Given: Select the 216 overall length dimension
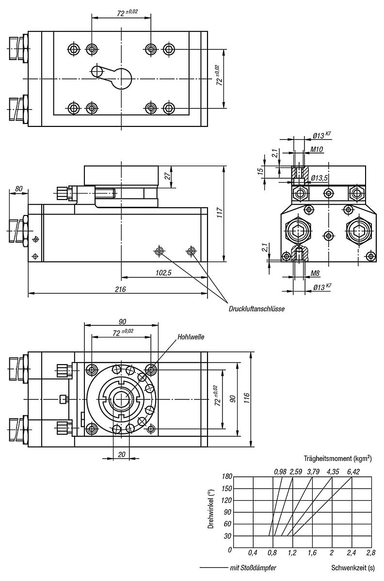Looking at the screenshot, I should coord(120,289).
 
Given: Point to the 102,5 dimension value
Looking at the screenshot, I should coord(164,273).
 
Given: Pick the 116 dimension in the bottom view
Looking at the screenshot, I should coord(247,398).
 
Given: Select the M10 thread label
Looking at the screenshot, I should coord(317,149).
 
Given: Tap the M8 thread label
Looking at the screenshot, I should coord(316,273).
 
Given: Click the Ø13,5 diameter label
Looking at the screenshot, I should coord(320,178).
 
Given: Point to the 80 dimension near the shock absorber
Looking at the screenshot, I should coord(19,188).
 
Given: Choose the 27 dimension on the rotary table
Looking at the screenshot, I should coord(167,177).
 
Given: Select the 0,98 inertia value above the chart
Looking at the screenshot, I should coord(280,471).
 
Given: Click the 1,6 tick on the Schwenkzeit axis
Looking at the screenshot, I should coord(312,552).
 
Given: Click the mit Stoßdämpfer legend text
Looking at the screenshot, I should coord(253,567).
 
